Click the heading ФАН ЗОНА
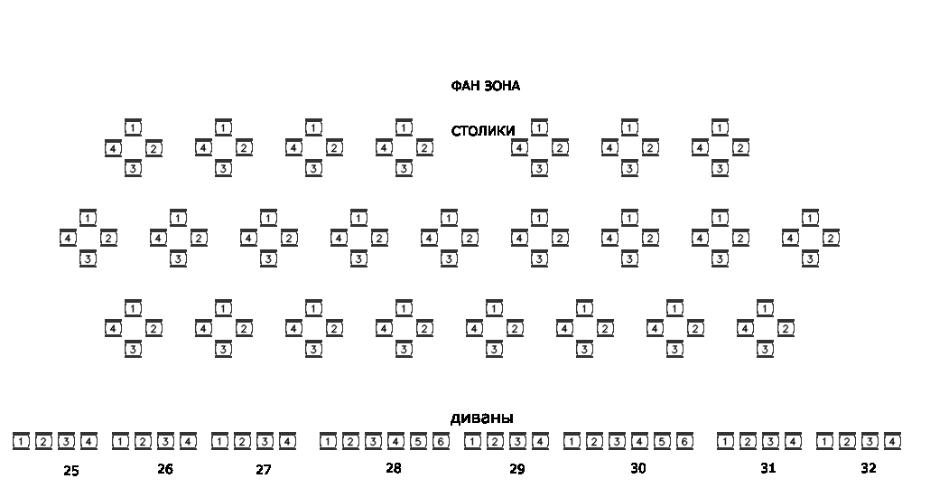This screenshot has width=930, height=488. click(485, 86)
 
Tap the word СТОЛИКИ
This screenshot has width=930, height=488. click(483, 131)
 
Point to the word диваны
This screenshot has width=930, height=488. click(481, 418)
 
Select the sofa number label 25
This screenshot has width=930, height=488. click(71, 470)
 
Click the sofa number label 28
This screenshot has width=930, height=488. click(393, 468)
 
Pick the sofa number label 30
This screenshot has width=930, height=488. click(638, 468)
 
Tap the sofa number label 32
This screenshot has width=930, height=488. click(868, 468)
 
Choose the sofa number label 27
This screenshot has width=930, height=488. click(263, 470)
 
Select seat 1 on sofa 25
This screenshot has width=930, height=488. click(21, 441)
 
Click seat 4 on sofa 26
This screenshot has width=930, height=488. click(188, 441)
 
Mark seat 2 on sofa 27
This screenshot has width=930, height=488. click(242, 441)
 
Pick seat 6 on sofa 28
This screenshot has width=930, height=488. click(441, 441)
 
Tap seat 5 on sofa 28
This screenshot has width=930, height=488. click(418, 441)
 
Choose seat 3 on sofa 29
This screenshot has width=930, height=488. click(517, 441)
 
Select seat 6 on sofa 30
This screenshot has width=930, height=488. click(684, 441)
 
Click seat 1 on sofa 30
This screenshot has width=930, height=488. click(572, 441)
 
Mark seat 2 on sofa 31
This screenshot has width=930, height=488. click(748, 441)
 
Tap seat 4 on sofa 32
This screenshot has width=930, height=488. click(892, 441)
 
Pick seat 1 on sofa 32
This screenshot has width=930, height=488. click(824, 441)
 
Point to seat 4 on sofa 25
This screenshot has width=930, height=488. click(88, 441)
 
